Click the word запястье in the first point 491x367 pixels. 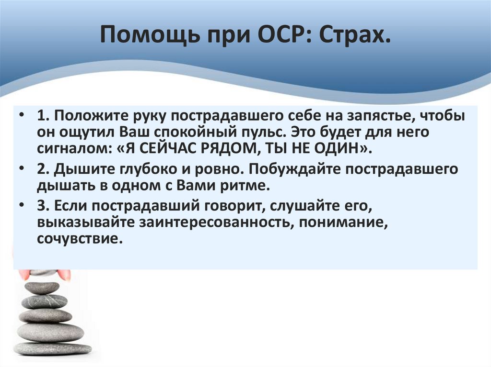(374, 117)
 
